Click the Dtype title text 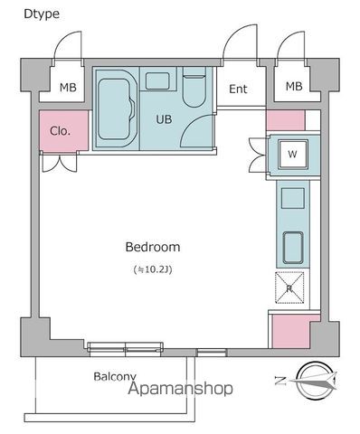point(42,14)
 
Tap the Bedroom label point(153,247)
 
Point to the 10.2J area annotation point(153,269)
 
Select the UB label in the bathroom point(164,119)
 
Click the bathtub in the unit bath point(116,108)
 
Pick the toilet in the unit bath point(194,88)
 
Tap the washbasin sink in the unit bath point(157,80)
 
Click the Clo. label point(60,131)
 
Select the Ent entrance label point(238,89)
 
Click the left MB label point(68,88)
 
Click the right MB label point(294,87)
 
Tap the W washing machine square point(293,154)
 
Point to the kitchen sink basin point(293,248)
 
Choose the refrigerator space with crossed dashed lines point(289,288)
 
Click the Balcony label point(115,376)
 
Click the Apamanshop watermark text point(181,389)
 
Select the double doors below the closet point(60,163)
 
